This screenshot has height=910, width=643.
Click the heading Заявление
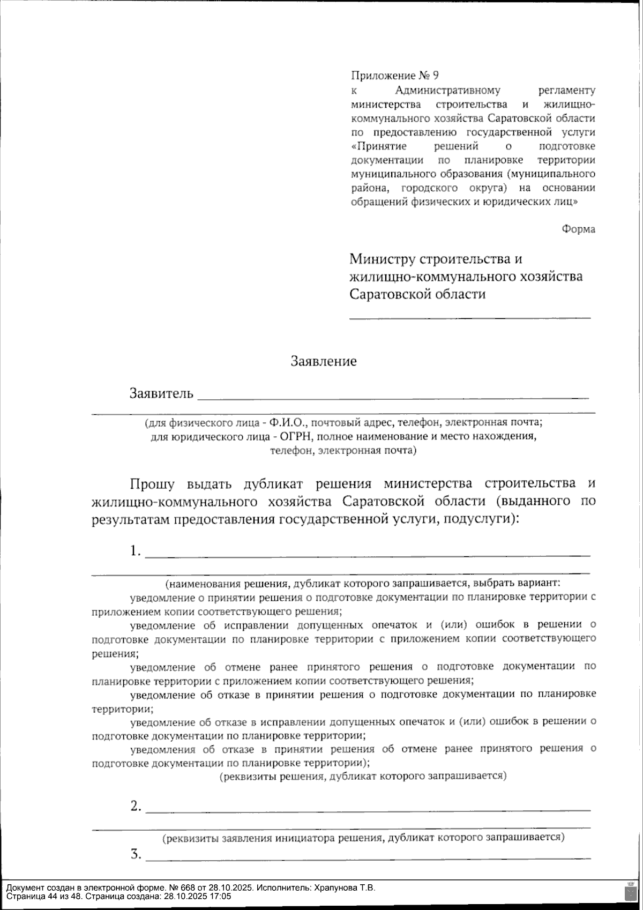tap(323, 361)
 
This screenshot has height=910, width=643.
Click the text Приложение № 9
tap(394, 76)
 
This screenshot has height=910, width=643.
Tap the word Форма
tap(578, 229)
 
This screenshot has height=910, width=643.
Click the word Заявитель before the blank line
tap(161, 394)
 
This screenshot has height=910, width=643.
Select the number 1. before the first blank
tap(136, 551)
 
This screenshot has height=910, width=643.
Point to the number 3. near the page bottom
tap(136, 854)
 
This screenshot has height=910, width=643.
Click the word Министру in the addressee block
tap(382, 259)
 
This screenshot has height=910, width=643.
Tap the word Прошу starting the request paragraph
tap(152, 484)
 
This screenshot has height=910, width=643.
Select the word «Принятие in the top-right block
tap(378, 146)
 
